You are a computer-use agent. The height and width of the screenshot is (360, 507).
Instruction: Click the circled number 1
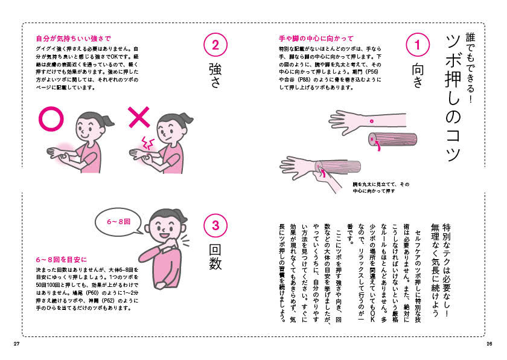pos(418,45)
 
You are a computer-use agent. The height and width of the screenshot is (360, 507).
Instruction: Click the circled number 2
pos(215,45)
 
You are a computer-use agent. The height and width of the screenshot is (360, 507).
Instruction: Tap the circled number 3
pos(215,225)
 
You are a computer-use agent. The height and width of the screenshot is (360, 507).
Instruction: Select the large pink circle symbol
pos(51,119)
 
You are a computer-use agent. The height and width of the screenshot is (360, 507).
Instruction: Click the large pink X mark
pos(139,117)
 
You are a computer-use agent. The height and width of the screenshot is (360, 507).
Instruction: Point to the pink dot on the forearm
pos(372,121)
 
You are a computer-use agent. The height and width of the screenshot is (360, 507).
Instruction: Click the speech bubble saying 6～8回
pos(119,222)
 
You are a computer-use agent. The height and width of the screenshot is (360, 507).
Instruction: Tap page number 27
pos(17,344)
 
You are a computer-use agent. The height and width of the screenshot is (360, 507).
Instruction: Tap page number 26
pos(489,344)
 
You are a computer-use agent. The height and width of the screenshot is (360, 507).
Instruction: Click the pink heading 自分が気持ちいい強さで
pos(74,39)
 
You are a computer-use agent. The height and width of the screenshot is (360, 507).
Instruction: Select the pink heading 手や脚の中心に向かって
pos(316,39)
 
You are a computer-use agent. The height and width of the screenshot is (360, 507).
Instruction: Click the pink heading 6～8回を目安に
pos(62,259)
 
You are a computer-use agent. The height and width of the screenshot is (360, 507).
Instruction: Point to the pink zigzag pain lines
pos(147,143)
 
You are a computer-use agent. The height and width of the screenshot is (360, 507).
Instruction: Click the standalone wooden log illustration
pos(393,139)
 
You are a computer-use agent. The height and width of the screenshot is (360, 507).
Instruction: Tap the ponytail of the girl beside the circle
pos(107,120)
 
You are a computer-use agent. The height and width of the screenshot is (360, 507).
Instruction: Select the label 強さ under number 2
pos(215,76)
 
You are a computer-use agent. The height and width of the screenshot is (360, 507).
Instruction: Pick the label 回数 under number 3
pos(215,257)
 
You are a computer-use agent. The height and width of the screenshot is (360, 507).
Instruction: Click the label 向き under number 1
pos(418,76)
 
